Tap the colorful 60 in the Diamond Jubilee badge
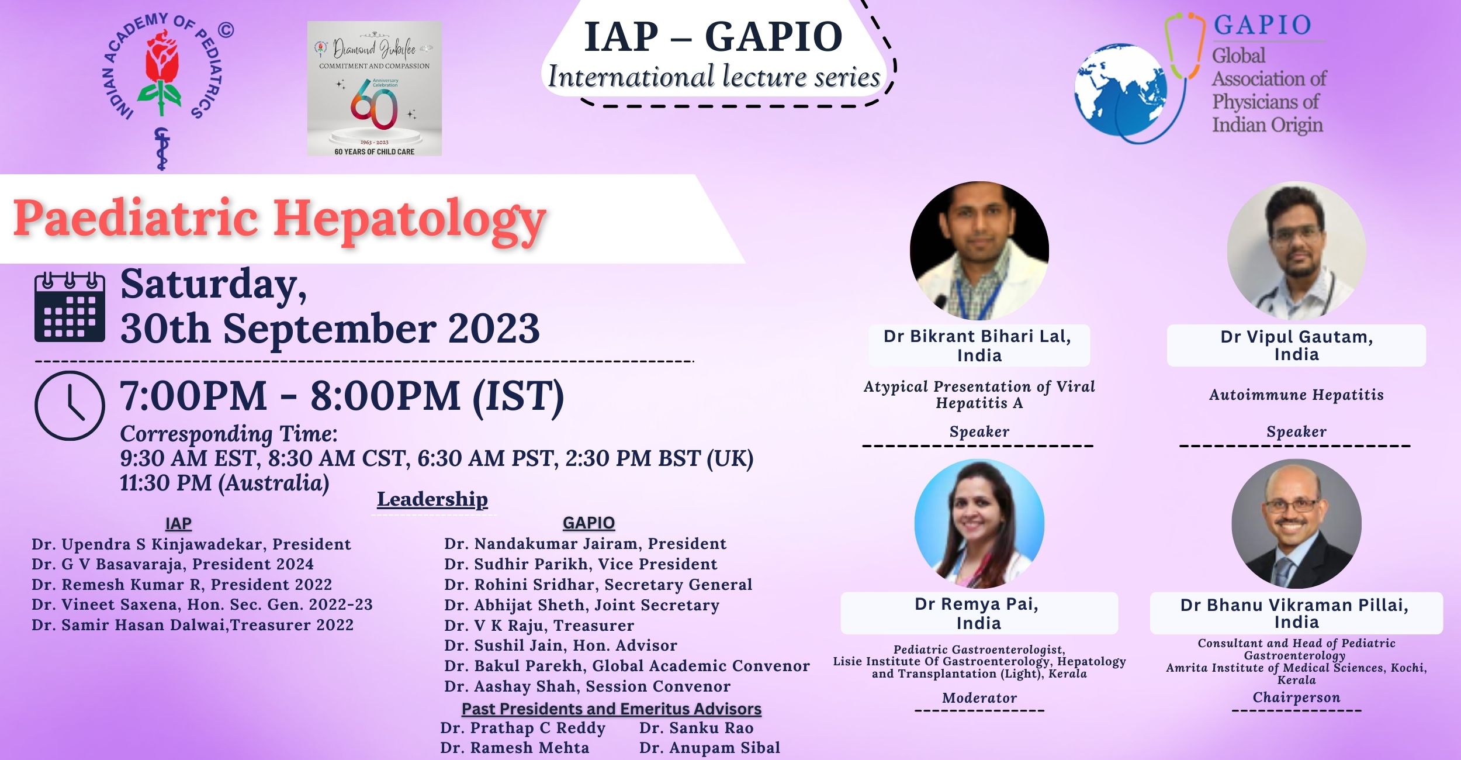pyautogui.click(x=374, y=105)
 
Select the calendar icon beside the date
pyautogui.click(x=70, y=307)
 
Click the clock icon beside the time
pyautogui.click(x=70, y=405)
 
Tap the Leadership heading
pyautogui.click(x=432, y=499)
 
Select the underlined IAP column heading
pyautogui.click(x=178, y=523)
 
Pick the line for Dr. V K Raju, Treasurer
pyautogui.click(x=539, y=626)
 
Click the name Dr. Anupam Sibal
pyautogui.click(x=709, y=748)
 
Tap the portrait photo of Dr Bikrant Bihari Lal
pyautogui.click(x=979, y=251)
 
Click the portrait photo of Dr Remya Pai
pyautogui.click(x=979, y=524)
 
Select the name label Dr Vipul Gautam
pyautogui.click(x=1296, y=337)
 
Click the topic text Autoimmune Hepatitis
pyautogui.click(x=1296, y=395)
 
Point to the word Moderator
pyautogui.click(x=979, y=698)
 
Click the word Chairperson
pyautogui.click(x=1296, y=697)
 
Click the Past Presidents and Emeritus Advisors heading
pyautogui.click(x=611, y=709)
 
